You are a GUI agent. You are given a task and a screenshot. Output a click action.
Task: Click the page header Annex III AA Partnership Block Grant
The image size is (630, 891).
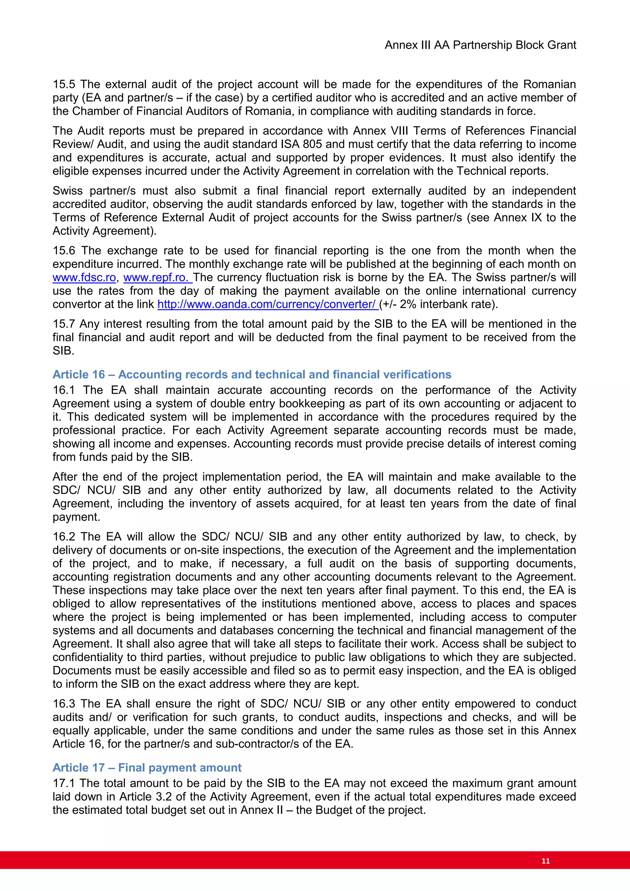[480, 45]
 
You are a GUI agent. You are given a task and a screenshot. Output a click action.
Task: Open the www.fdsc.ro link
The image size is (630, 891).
[84, 278]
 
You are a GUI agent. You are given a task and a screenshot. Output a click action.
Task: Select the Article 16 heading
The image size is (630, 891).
[252, 374]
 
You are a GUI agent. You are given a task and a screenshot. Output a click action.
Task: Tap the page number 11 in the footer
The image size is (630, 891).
[545, 861]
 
